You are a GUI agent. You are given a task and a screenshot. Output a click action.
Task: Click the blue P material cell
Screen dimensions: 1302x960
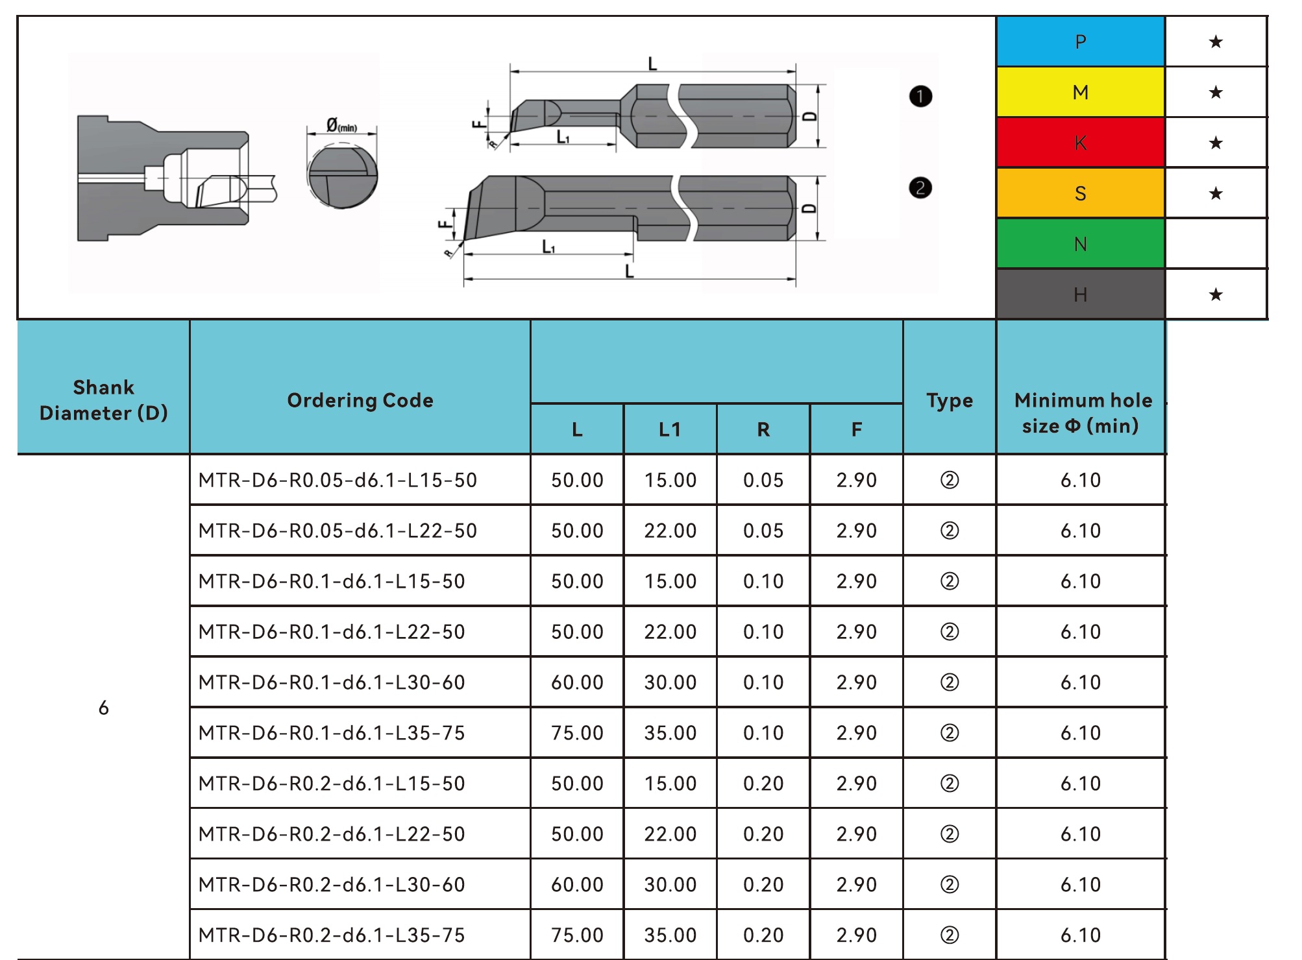[x=1080, y=42]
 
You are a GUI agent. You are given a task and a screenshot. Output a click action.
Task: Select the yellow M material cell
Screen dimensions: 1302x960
[x=1080, y=92]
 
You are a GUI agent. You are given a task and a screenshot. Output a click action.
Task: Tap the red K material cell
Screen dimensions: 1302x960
[x=1080, y=143]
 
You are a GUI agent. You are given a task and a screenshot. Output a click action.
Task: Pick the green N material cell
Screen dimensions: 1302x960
[x=1080, y=244]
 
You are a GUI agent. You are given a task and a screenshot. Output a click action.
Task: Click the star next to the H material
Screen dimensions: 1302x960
[x=1216, y=294]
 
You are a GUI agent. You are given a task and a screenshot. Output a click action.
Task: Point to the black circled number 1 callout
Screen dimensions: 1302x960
[x=920, y=96]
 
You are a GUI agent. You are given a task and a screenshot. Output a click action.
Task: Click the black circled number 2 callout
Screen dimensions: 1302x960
[x=920, y=188]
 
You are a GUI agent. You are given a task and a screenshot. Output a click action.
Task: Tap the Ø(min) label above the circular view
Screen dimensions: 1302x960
[x=341, y=125]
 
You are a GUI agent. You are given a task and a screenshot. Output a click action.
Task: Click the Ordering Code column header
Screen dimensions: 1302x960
[x=360, y=400]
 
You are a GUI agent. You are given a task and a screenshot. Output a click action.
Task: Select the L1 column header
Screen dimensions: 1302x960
[x=670, y=429]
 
